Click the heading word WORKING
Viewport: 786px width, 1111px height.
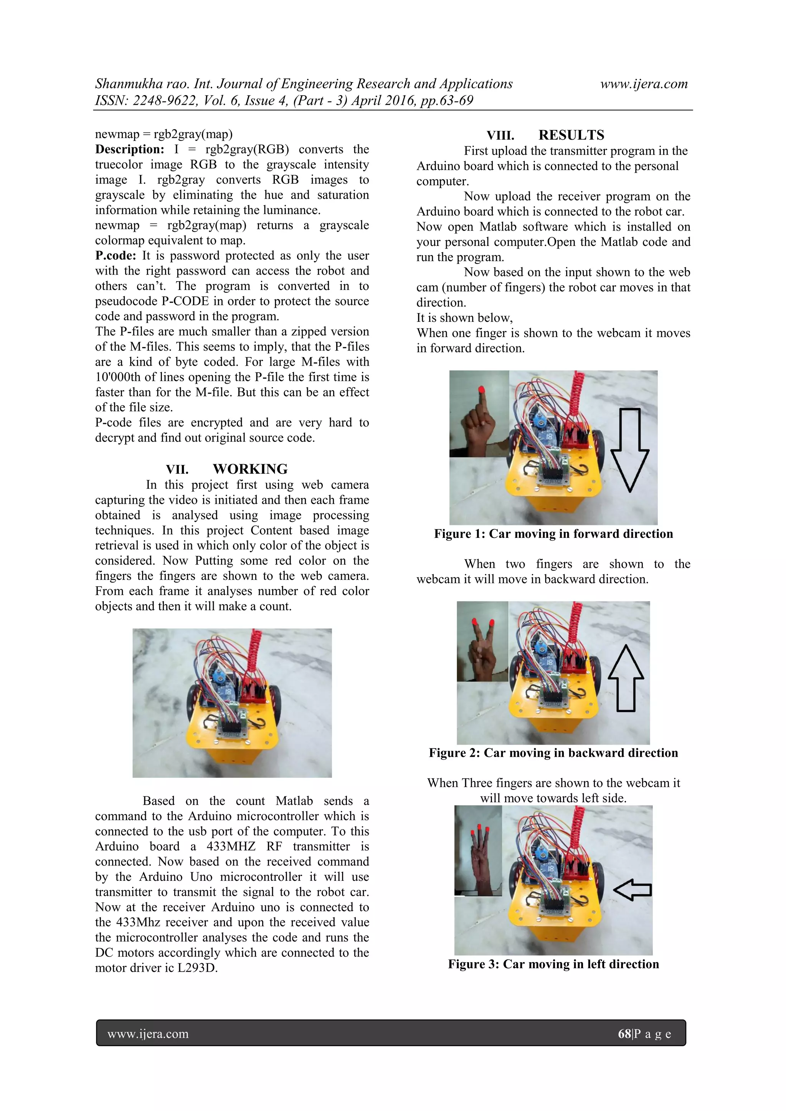point(250,469)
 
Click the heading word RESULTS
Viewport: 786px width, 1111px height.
point(571,135)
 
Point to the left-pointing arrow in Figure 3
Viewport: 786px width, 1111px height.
point(632,889)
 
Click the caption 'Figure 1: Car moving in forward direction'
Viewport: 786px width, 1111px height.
point(553,534)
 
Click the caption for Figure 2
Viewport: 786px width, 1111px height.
point(553,753)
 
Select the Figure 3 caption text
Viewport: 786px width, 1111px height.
point(553,964)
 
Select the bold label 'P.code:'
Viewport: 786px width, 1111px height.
point(115,255)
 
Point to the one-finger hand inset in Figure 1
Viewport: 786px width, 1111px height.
point(479,414)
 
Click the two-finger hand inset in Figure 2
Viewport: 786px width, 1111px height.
point(482,641)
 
